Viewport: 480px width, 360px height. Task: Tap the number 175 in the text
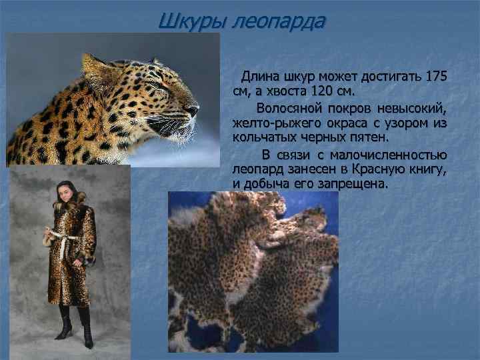pyautogui.click(x=436, y=74)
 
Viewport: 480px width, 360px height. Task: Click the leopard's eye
pyautogui.click(x=155, y=85)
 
